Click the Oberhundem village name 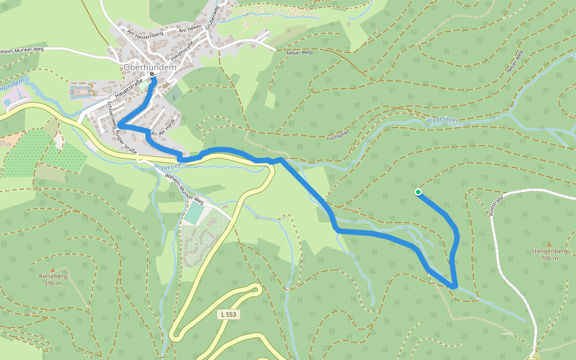pos(149,68)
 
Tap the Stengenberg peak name pos(549,251)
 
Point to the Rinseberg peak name pos(53,277)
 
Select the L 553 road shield pos(229,314)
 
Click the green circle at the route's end pos(418,192)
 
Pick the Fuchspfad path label pos(338,133)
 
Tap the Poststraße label pos(496,205)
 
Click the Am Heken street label pos(190,29)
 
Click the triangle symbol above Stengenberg pos(548,243)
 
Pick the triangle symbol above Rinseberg pos(53,269)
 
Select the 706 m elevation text pos(549,258)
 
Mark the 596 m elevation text pos(53,283)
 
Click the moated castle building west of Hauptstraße pos(82,92)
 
